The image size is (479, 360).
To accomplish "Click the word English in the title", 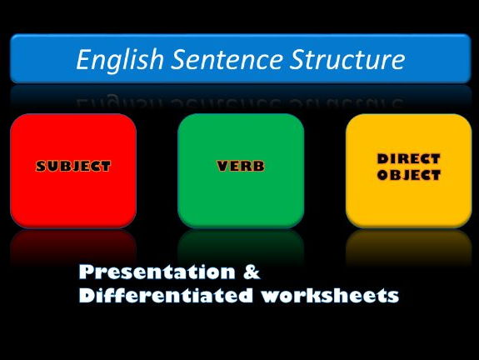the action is click(120, 60).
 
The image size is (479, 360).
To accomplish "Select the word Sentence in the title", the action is click(227, 59).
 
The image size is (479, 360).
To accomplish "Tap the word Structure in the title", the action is click(347, 59).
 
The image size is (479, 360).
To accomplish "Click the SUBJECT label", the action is click(73, 166).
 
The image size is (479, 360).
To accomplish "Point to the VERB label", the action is click(241, 166).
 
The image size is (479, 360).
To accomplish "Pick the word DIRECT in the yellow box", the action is click(409, 159).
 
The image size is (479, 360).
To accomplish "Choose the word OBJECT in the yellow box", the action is click(409, 175).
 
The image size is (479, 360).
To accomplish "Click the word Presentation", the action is click(157, 272).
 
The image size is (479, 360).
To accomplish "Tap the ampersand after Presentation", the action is click(252, 272).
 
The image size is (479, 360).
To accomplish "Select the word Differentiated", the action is click(166, 295).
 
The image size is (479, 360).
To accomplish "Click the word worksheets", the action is click(330, 295).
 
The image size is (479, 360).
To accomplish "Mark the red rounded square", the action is click(73, 171).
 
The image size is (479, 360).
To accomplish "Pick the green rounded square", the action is click(241, 171).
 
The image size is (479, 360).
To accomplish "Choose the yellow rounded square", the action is click(409, 171).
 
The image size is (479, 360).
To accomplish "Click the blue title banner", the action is click(241, 58).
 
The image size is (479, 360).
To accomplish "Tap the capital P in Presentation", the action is click(86, 272).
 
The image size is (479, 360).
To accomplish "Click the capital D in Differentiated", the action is click(87, 295).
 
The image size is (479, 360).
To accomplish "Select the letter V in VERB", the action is click(222, 166).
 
